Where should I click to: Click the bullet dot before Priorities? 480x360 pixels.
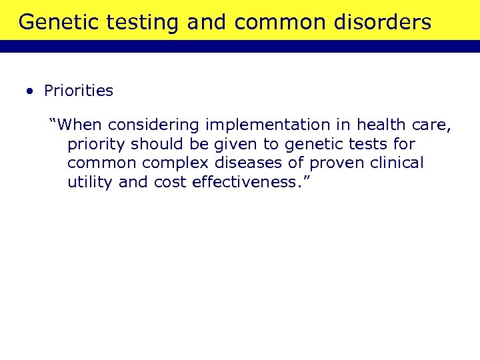point(31,91)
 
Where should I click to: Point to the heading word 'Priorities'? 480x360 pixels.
point(79,91)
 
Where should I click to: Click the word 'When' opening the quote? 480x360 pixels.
point(79,125)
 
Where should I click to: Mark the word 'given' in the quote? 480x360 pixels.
point(236,144)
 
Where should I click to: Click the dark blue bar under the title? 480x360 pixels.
point(240,47)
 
